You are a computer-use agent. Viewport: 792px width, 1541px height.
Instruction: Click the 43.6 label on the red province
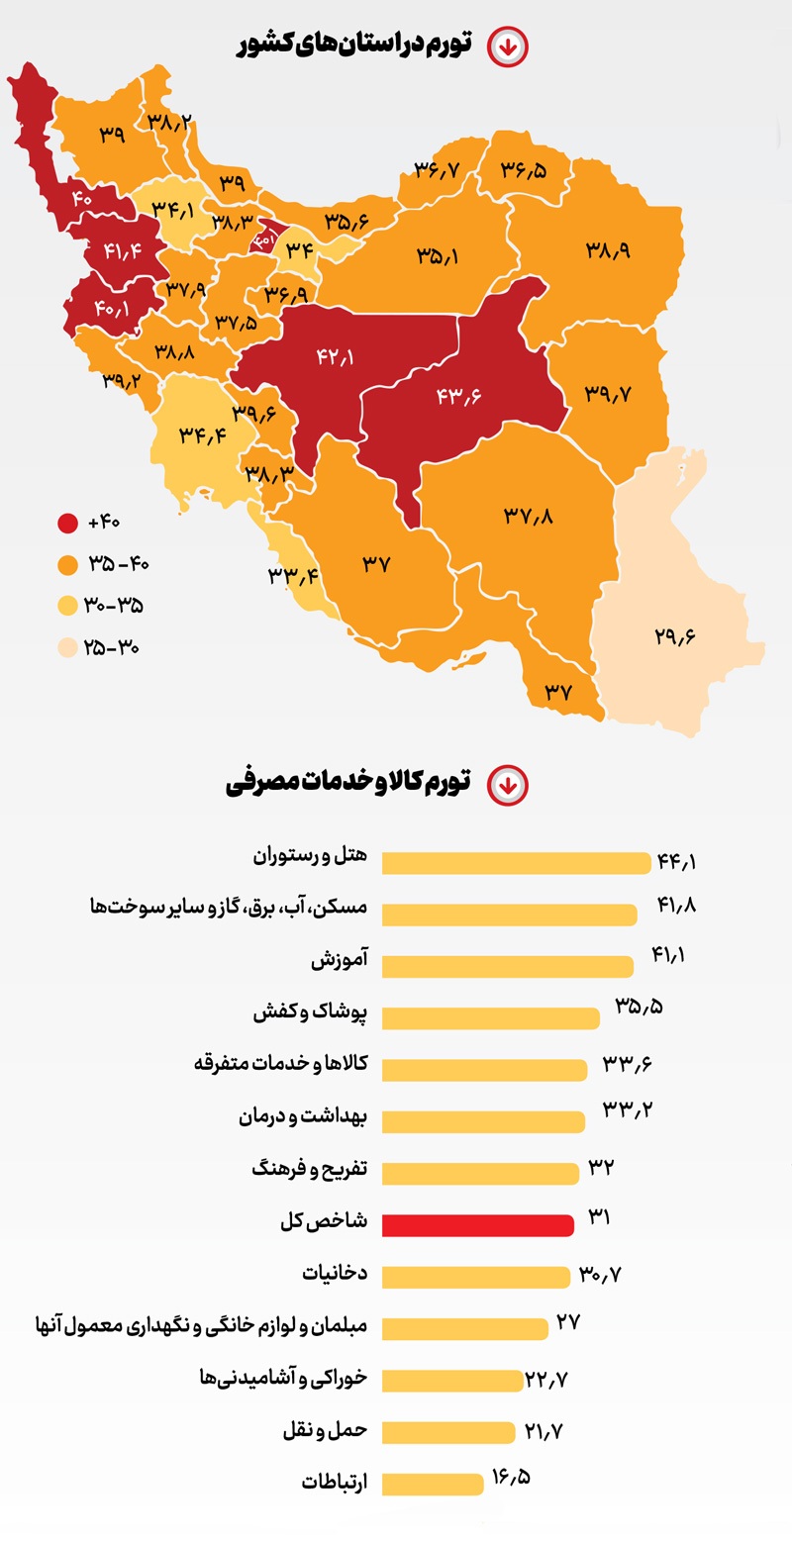coord(457,395)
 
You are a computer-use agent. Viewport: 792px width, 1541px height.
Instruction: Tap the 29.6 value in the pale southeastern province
coord(675,635)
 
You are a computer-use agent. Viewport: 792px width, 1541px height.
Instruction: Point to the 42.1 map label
coord(335,356)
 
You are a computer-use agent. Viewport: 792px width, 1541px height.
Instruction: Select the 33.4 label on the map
coord(291,576)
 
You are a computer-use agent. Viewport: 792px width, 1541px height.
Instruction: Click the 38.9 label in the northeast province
coord(608,250)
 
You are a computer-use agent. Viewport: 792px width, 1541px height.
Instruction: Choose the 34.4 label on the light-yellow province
coord(203,433)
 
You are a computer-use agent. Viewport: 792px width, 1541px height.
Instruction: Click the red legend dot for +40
coord(67,523)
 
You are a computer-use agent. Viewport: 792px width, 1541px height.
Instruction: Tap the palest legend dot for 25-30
coord(67,648)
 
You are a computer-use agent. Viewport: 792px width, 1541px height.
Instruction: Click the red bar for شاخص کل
coord(477,1225)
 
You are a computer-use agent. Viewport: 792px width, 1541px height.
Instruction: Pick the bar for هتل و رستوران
coord(515,863)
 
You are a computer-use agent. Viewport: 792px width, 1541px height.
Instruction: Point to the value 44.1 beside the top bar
coord(677,861)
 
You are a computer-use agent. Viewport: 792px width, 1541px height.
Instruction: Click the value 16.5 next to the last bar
coord(511,1480)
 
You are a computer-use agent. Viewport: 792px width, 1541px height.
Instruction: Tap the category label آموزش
coord(339,959)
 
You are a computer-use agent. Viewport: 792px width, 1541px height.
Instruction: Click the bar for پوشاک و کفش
coord(490,1017)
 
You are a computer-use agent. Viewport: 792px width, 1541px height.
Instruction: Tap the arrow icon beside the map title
coord(508,46)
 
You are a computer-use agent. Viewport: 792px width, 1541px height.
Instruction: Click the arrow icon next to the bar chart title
coord(508,785)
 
